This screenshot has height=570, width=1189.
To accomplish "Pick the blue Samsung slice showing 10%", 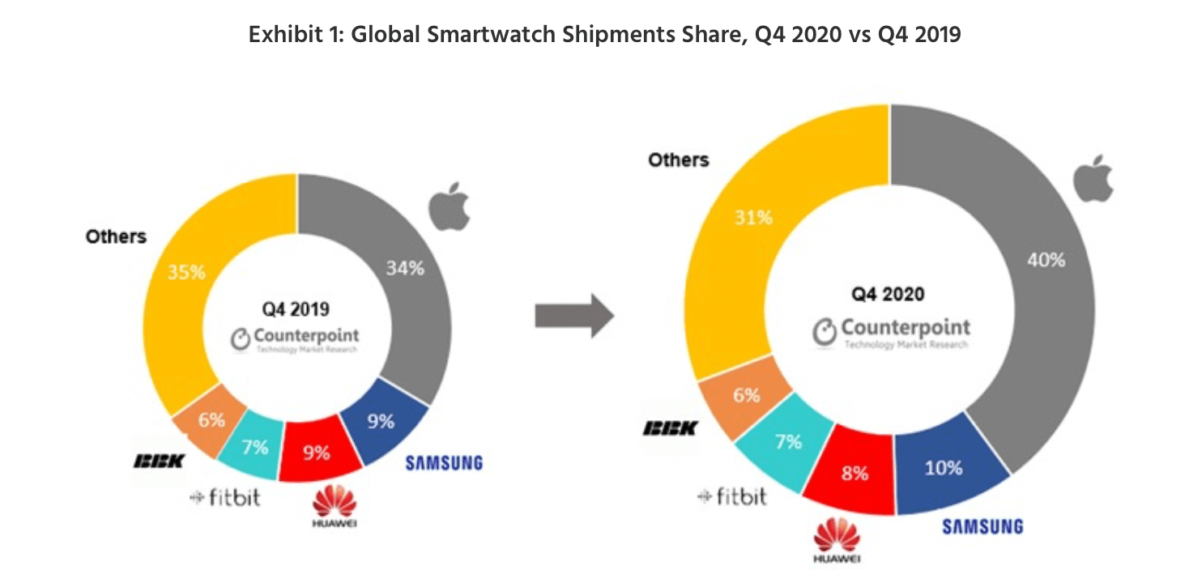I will click(944, 467).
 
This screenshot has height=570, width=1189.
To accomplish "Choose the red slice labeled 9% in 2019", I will click(317, 453).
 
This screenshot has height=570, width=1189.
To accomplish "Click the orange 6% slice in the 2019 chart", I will click(211, 420).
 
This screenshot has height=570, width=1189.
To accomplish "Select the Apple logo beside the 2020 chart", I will click(1092, 180).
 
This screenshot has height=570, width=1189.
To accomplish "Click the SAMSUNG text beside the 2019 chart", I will click(444, 463).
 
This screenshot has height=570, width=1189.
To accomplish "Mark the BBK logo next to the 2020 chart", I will click(669, 427).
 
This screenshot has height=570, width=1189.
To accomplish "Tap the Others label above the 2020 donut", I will click(678, 160).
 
